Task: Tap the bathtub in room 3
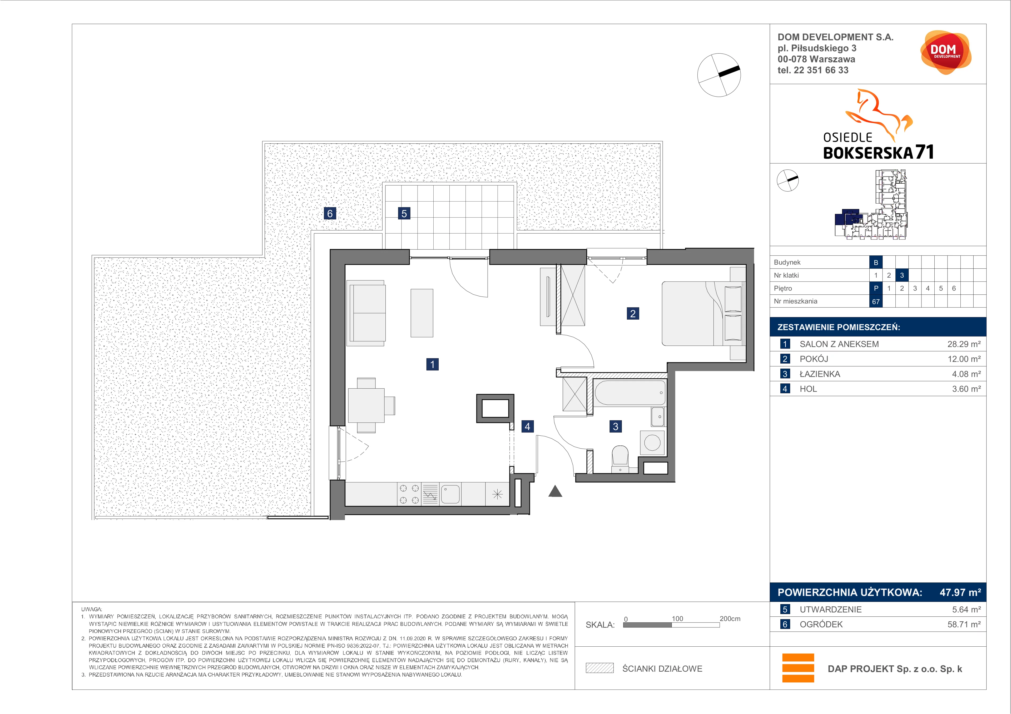(x=630, y=393)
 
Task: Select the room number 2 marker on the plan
(x=633, y=314)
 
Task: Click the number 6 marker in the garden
(x=330, y=213)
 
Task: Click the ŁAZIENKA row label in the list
(x=820, y=374)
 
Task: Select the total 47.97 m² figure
(x=960, y=592)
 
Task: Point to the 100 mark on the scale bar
(x=677, y=619)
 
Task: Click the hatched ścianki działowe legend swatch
(x=599, y=668)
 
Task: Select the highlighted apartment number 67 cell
(x=876, y=301)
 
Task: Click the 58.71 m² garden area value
(x=964, y=624)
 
